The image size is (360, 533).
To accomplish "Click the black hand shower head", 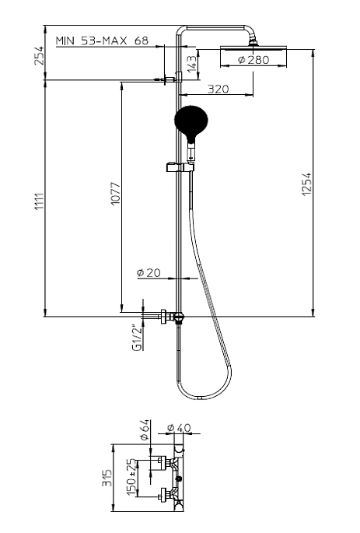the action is [190, 121].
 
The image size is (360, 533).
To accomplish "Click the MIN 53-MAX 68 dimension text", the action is [102, 40].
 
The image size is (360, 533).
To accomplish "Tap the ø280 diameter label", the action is [253, 60].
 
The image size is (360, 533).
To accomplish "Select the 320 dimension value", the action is [218, 89].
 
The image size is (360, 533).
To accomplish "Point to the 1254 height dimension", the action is [306, 184].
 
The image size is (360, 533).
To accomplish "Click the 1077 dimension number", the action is [116, 194].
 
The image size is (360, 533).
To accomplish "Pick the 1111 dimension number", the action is [39, 202].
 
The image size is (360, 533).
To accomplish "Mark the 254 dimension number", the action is [40, 55].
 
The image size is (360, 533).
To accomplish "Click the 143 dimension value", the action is [192, 64].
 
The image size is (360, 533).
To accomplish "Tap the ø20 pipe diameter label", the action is [149, 272].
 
